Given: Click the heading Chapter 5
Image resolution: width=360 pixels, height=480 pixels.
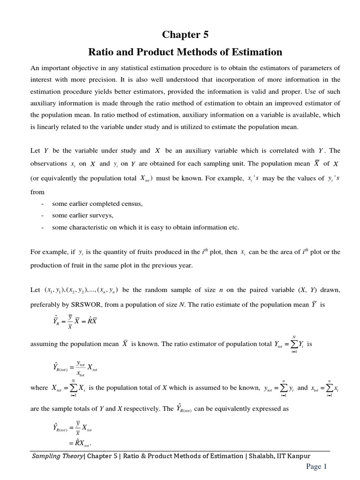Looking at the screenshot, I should click(185, 35).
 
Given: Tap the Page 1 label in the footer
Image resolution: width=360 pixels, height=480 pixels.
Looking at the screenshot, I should click(316, 466).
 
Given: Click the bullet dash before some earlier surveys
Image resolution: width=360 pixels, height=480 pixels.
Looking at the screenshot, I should click(43, 216).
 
